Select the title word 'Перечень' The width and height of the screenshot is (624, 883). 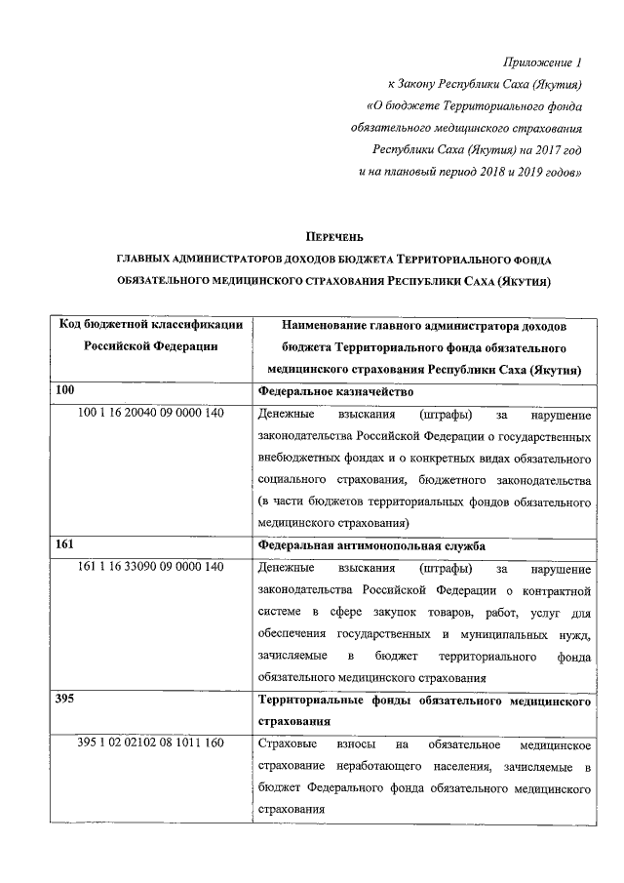click(x=336, y=237)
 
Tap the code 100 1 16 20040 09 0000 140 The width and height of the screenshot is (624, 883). click(x=151, y=413)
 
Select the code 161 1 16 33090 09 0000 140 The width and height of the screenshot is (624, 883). click(x=151, y=568)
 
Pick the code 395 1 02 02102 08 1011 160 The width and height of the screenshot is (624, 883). click(x=151, y=744)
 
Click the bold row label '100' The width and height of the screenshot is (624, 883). click(x=65, y=390)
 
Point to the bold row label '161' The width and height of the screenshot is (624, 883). click(x=65, y=544)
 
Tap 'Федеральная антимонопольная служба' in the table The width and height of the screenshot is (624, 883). click(x=371, y=545)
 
